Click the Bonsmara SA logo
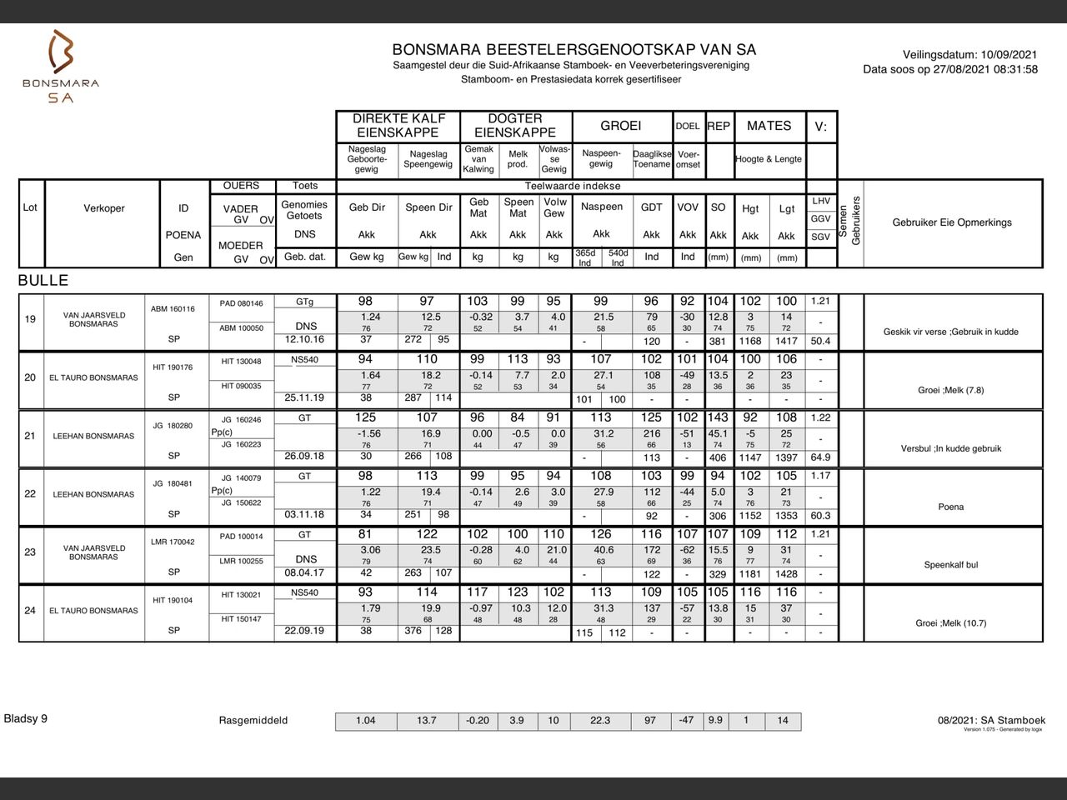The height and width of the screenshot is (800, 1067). [61, 66]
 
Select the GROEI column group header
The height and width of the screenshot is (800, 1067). [621, 126]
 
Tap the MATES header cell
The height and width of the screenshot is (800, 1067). [769, 126]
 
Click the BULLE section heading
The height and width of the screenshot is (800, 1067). [43, 280]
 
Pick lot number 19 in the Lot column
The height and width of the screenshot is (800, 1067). [30, 319]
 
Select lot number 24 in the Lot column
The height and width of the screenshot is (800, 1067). [30, 610]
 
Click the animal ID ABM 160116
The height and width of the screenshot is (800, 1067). [173, 309]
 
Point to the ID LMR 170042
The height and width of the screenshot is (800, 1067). [173, 542]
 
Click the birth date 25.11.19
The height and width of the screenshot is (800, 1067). [304, 397]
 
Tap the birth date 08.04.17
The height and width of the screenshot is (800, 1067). [304, 573]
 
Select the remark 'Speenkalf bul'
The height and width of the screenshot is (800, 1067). [951, 565]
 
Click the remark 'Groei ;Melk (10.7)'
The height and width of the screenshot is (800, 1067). [951, 623]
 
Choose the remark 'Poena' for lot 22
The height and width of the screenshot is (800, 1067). [951, 507]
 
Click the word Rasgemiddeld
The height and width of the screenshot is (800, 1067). [253, 721]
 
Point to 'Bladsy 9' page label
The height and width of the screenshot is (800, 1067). [26, 718]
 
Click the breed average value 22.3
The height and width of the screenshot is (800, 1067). [600, 721]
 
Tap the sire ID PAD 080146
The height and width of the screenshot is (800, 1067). [241, 303]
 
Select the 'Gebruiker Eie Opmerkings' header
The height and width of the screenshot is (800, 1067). [952, 222]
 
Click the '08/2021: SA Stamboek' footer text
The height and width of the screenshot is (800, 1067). [991, 720]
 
